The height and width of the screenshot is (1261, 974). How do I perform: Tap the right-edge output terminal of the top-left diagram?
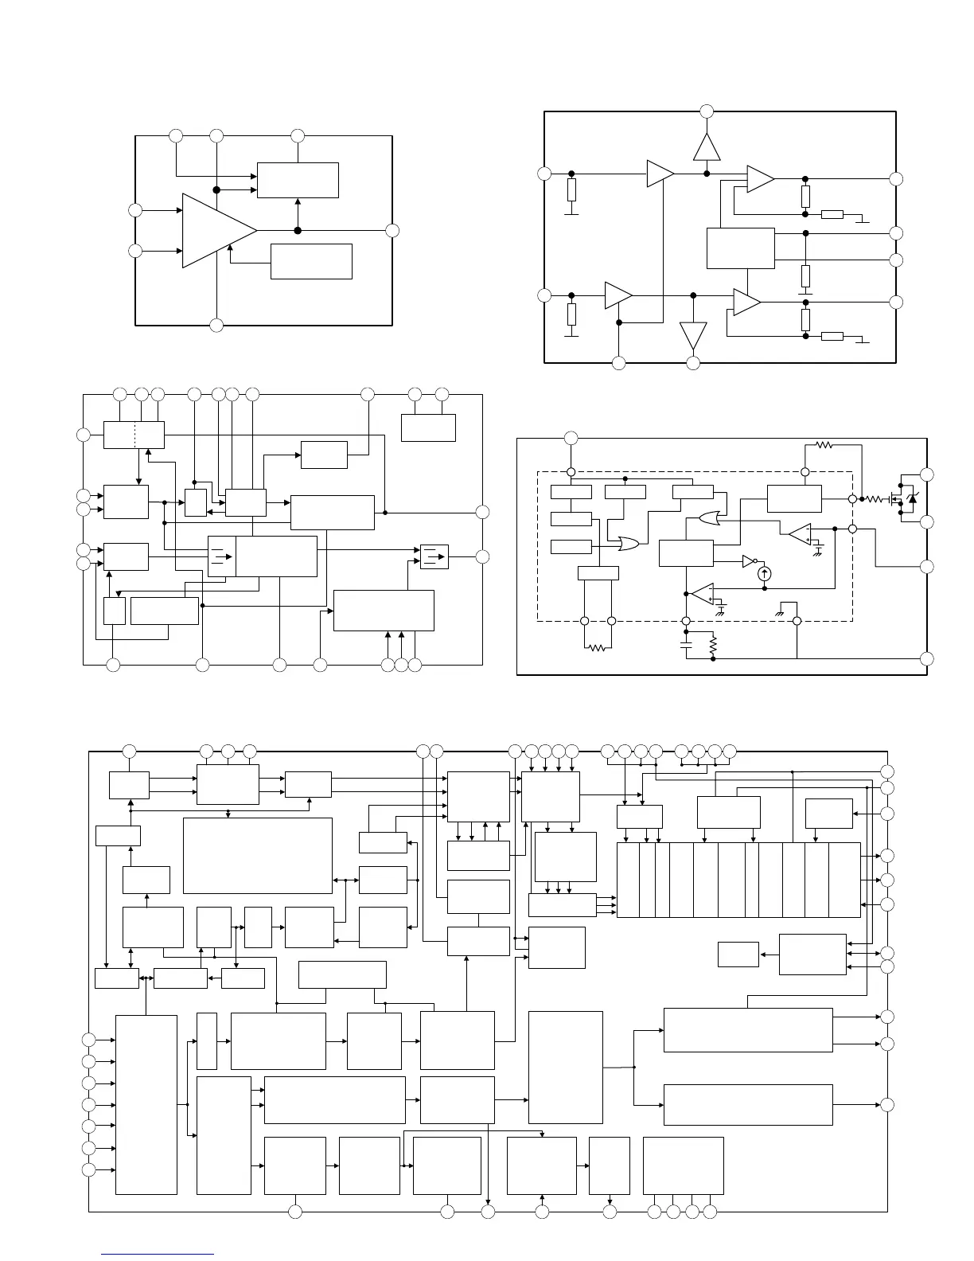coord(392,231)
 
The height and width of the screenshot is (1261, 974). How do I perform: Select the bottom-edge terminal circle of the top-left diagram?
coord(216,325)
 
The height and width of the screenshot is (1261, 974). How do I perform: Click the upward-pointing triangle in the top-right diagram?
coord(707,147)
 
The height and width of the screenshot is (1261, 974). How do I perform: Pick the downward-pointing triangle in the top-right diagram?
coord(693,335)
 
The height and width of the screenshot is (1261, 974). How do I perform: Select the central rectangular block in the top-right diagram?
coord(741,248)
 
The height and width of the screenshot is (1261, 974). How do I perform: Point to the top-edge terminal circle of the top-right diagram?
coord(707,111)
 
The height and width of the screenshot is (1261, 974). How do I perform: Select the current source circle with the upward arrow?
coord(765,572)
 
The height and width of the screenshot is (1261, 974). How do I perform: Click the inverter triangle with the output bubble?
coord(749,560)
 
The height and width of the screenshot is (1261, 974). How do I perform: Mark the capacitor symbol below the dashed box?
coord(686,646)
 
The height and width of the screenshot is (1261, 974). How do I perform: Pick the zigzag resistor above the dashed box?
coord(824,446)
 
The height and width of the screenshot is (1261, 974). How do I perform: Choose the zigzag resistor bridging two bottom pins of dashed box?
coord(598,648)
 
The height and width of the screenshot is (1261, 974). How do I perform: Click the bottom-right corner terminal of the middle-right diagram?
coord(926,659)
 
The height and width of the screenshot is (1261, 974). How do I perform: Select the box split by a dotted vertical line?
coord(134,435)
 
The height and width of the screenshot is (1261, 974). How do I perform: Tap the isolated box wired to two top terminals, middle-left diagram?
coord(428,427)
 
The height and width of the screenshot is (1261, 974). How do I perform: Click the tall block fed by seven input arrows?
coord(146,1104)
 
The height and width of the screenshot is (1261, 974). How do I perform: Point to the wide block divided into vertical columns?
coord(738,880)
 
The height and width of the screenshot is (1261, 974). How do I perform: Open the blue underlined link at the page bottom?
coord(158,1254)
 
